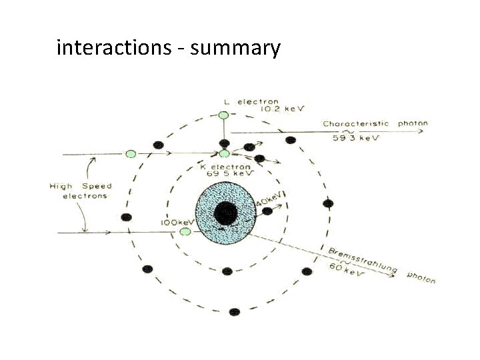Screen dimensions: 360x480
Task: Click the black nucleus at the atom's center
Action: click(x=226, y=213)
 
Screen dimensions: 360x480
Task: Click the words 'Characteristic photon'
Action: click(x=375, y=124)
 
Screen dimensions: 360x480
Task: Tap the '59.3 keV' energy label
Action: click(x=355, y=138)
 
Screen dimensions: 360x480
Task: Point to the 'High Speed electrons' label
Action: click(x=81, y=191)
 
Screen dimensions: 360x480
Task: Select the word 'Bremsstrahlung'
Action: click(x=363, y=259)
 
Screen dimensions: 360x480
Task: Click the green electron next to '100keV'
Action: click(x=186, y=231)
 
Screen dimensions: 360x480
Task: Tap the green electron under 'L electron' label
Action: click(x=224, y=115)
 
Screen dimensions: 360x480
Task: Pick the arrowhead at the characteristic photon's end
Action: click(x=421, y=131)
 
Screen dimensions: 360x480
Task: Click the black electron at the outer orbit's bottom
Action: click(x=234, y=311)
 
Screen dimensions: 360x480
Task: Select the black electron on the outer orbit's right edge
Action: click(x=327, y=203)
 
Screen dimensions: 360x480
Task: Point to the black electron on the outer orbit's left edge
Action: click(x=125, y=217)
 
